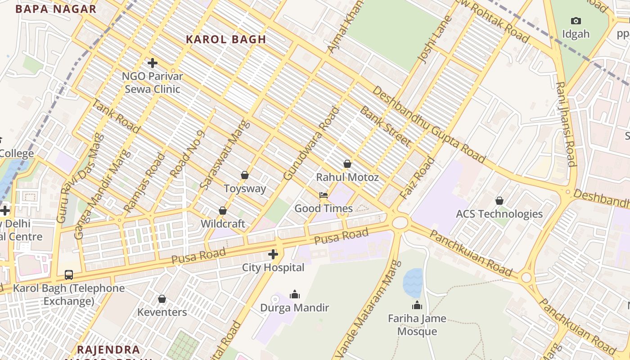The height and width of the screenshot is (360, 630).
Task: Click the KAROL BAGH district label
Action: tap(226, 40)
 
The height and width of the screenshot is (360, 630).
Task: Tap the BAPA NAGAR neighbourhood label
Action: tap(56, 9)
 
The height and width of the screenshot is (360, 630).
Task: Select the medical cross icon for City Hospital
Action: tap(273, 255)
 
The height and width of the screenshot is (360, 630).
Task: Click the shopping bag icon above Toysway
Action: tap(245, 175)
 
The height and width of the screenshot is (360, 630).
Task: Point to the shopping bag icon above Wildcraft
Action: tap(222, 211)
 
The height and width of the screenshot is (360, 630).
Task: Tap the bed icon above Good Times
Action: tap(323, 195)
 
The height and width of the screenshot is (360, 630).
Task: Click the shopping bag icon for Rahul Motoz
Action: tap(347, 164)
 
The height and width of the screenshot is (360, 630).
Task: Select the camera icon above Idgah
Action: tap(576, 21)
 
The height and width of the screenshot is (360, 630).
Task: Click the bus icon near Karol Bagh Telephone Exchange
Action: tap(69, 274)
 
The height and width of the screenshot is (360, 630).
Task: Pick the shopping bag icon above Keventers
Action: tap(162, 299)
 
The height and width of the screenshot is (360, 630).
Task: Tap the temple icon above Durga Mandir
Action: tap(295, 294)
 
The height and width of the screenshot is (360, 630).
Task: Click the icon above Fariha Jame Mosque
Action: tap(417, 306)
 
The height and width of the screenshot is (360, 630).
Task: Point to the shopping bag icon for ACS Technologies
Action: tap(499, 201)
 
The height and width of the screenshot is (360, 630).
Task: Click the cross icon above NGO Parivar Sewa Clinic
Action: tap(153, 63)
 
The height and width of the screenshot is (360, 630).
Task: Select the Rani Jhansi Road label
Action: tap(566, 124)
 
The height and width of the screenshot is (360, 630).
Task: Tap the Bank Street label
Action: tap(385, 126)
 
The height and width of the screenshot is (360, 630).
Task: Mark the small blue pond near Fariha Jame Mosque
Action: tap(413, 283)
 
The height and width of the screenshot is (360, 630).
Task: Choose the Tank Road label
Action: tap(116, 116)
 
